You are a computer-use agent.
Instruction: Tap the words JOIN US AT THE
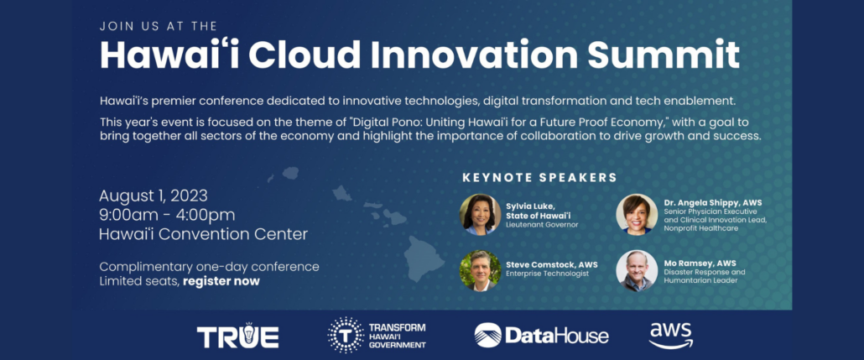pyautogui.click(x=159, y=25)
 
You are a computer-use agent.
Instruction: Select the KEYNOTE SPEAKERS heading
pyautogui.click(x=539, y=178)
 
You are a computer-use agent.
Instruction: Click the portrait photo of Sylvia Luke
pyautogui.click(x=481, y=215)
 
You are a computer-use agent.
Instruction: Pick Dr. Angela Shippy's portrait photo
pyautogui.click(x=637, y=215)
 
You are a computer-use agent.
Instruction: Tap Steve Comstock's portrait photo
pyautogui.click(x=481, y=271)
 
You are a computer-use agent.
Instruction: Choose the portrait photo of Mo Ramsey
pyautogui.click(x=637, y=271)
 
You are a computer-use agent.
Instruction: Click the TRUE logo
pyautogui.click(x=237, y=335)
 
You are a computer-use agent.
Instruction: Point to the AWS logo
pyautogui.click(x=670, y=335)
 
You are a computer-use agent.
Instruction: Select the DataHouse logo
pyautogui.click(x=542, y=335)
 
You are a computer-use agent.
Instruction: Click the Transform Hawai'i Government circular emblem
pyautogui.click(x=346, y=335)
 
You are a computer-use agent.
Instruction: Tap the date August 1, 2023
pyautogui.click(x=154, y=196)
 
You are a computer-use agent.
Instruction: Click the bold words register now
pyautogui.click(x=221, y=281)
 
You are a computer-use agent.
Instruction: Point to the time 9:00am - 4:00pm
pyautogui.click(x=167, y=215)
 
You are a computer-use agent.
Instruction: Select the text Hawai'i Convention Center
pyautogui.click(x=203, y=234)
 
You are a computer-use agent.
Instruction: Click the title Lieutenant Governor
pyautogui.click(x=542, y=225)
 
